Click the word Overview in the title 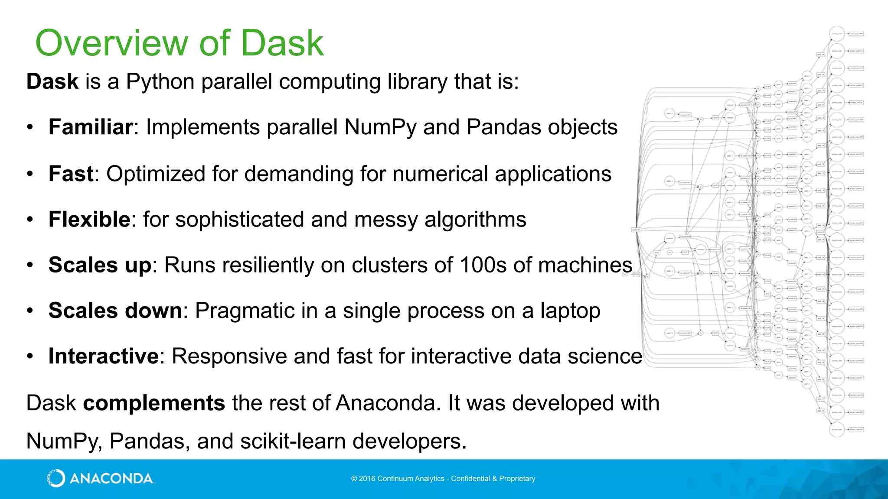click(111, 43)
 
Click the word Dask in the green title click(282, 43)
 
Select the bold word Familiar click(91, 127)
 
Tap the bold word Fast click(71, 174)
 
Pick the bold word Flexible click(89, 219)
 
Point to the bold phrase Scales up click(100, 265)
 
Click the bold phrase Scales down click(115, 311)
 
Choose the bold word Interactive click(104, 356)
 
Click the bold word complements click(154, 403)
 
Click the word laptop click(570, 311)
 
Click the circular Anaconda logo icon click(56, 478)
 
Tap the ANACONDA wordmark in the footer click(111, 479)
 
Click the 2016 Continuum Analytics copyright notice click(443, 479)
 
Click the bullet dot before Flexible click(29, 220)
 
